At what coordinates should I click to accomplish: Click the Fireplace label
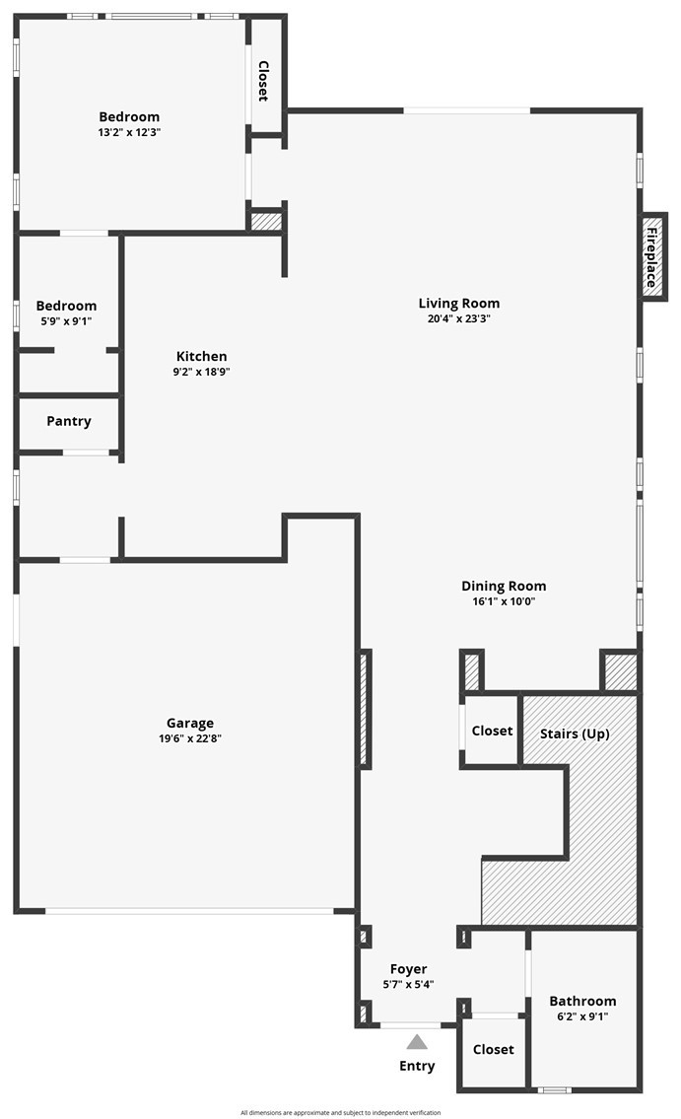(651, 257)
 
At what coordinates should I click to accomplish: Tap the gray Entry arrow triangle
(417, 1043)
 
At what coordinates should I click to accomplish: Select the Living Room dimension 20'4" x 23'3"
(458, 319)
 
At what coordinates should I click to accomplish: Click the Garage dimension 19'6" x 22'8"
(189, 738)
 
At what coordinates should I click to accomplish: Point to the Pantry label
(68, 421)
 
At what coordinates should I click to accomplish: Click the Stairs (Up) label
(575, 734)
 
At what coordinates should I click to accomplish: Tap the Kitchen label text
(201, 356)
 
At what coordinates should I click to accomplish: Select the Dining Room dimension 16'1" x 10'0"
(504, 601)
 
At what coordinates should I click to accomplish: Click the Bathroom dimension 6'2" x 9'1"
(582, 1016)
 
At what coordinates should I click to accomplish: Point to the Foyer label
(409, 969)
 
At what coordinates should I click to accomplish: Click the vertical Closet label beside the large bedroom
(263, 81)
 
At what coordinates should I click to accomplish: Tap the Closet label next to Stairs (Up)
(492, 731)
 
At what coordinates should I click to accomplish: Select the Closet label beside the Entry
(494, 1049)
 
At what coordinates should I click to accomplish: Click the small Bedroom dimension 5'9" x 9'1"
(66, 321)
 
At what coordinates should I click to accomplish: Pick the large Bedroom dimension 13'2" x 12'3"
(129, 132)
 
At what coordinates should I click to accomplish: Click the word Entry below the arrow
(417, 1066)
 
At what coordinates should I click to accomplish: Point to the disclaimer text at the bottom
(340, 1112)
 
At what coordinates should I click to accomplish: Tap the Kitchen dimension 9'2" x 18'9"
(201, 372)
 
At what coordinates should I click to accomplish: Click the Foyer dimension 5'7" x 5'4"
(409, 985)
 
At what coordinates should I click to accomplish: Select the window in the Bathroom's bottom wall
(554, 1089)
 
